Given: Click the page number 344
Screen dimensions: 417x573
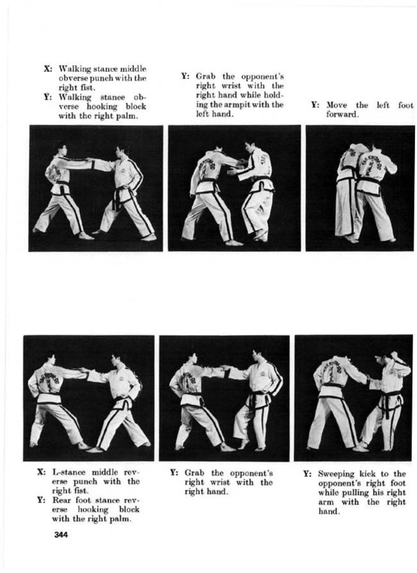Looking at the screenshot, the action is tap(61, 535).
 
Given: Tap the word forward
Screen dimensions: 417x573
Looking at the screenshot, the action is tap(343, 114).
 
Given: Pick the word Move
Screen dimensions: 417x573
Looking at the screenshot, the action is tap(337, 105).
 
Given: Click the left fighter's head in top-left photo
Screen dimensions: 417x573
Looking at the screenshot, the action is tap(62, 151).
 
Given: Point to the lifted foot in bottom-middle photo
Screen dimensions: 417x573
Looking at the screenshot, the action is tap(242, 443).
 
